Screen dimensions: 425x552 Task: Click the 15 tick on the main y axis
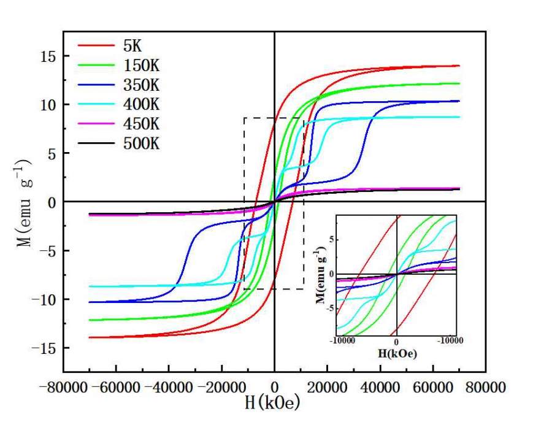coord(48,56)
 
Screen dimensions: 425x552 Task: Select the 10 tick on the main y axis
coord(48,104)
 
